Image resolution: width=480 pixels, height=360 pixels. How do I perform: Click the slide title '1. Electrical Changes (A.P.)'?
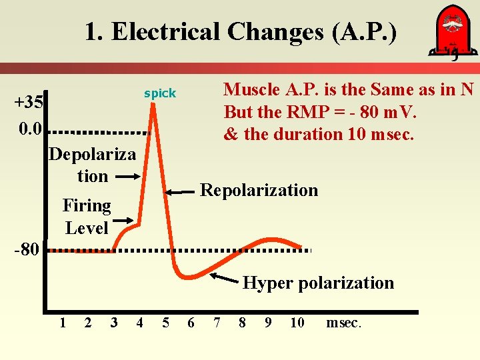240,31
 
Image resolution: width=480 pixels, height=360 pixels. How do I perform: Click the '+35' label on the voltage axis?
29,102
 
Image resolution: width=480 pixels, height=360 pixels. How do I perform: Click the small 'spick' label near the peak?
160,94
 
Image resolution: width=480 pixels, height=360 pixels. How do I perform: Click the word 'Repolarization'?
259,190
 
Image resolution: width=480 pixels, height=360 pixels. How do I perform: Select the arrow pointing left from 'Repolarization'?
179,191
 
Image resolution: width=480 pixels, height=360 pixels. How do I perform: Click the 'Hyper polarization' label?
318,283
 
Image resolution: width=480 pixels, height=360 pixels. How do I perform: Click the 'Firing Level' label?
87,216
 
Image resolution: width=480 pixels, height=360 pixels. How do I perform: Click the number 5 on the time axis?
165,323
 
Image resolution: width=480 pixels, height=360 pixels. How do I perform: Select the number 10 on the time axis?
297,323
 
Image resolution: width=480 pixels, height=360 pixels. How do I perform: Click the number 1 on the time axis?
62,323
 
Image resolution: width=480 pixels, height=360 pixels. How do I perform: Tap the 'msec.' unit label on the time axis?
343,323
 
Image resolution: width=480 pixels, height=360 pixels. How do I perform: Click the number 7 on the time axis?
217,323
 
